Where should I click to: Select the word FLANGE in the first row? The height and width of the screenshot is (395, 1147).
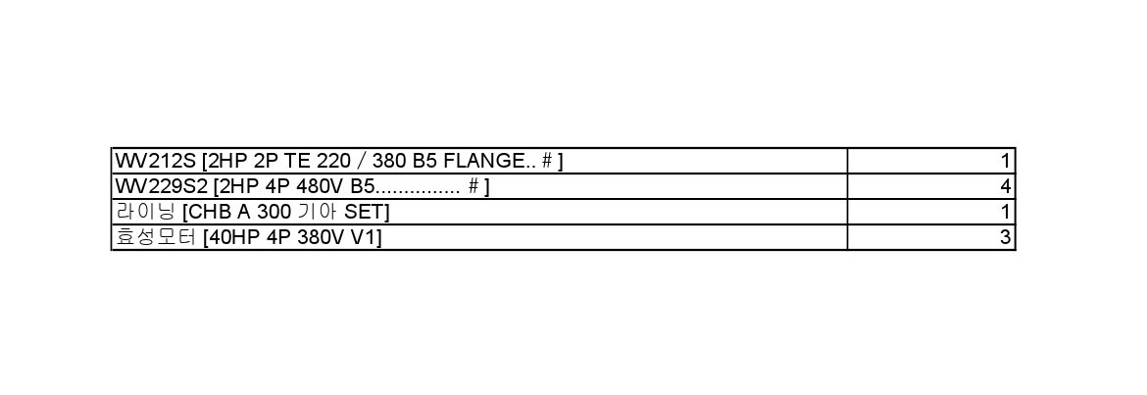(x=483, y=161)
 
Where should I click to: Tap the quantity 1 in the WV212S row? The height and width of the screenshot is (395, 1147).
(x=1006, y=161)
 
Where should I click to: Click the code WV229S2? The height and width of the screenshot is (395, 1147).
(x=162, y=186)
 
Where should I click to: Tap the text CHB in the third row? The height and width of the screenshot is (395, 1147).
(x=212, y=212)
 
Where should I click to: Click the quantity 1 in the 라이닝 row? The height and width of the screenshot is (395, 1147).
(x=1006, y=212)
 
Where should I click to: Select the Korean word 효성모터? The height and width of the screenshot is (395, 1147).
(x=156, y=238)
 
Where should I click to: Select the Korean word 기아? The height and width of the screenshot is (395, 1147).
(x=317, y=212)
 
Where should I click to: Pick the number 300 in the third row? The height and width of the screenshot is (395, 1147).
(x=274, y=212)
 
